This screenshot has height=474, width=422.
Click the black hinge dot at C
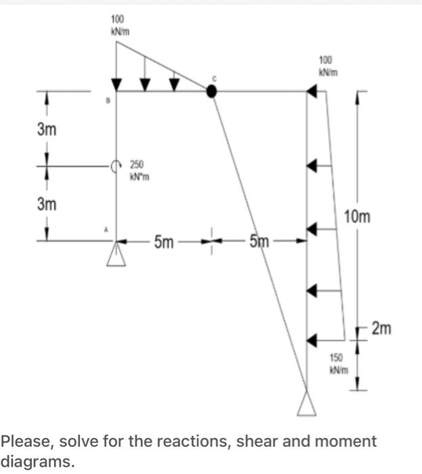(x=211, y=91)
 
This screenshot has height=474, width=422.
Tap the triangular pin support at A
(x=117, y=254)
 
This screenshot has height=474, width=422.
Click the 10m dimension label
(x=358, y=217)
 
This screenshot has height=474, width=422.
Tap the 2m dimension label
(x=381, y=328)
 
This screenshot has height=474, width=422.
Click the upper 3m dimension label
(x=46, y=129)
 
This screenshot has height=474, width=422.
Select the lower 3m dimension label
(x=46, y=202)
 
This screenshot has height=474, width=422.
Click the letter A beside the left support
(x=106, y=230)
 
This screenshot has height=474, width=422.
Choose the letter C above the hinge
(x=215, y=79)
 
